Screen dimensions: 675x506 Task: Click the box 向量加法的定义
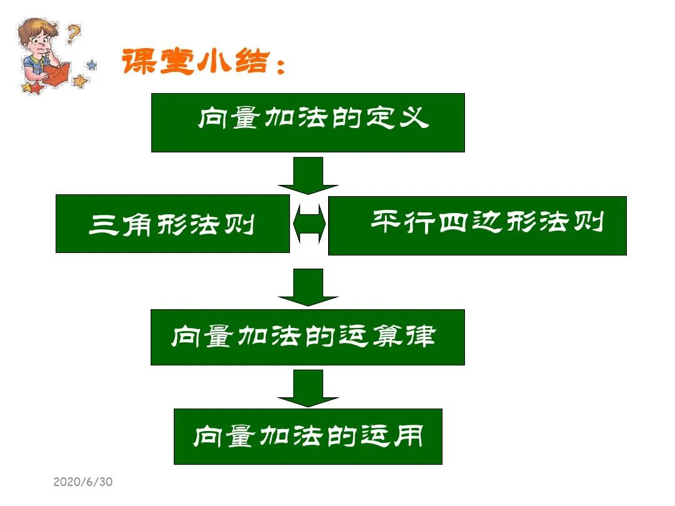pos(307,122)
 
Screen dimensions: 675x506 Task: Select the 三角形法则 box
pos(172,224)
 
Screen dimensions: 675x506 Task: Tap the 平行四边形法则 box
pos(477,226)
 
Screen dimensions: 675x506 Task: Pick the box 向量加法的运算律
pos(307,337)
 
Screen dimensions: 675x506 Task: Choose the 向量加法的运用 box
pos(307,437)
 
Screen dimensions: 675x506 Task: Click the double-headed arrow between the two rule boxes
pos(309,224)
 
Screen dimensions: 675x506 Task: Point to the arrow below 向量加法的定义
pos(308,175)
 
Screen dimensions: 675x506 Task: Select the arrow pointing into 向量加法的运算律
pos(308,287)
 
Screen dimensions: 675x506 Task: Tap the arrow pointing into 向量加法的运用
pos(308,388)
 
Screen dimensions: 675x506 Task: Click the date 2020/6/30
pos(82,482)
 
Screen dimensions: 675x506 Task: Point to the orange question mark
pos(74,33)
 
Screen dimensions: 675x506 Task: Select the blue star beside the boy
pos(92,64)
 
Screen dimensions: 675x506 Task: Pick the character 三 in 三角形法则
pos(101,224)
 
